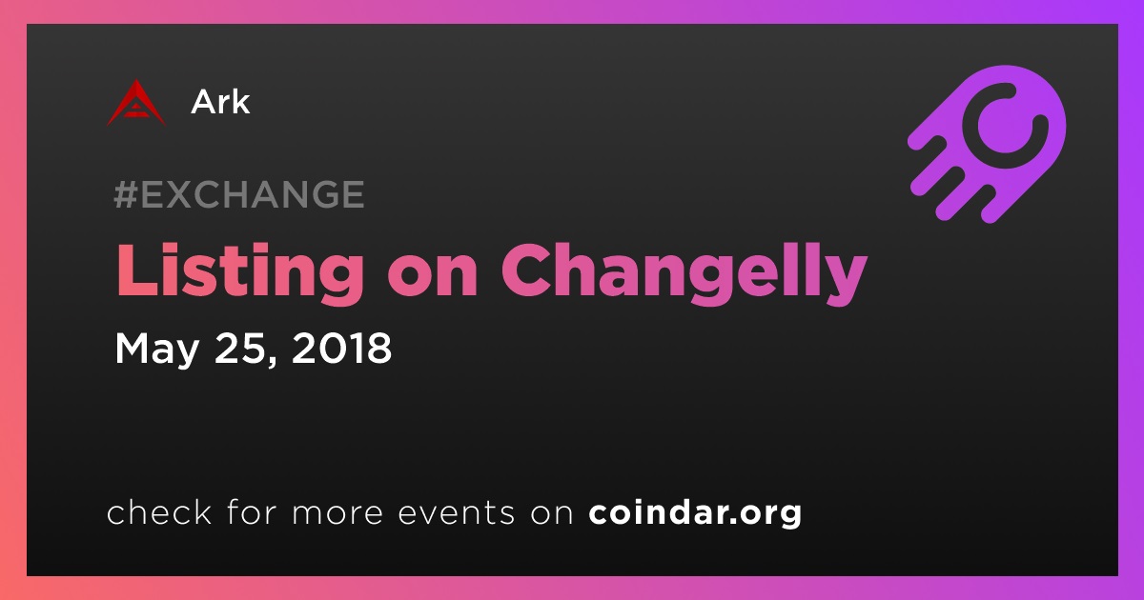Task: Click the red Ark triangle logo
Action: coord(135,104)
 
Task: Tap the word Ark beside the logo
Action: coord(220,102)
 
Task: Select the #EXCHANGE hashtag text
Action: coord(239,194)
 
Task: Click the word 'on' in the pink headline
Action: coord(432,278)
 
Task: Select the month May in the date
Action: coord(156,350)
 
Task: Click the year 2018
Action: coord(341,348)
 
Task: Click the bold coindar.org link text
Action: coord(695,512)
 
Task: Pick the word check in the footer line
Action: coord(159,511)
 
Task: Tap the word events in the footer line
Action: coord(457,512)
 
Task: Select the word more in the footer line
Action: coord(337,514)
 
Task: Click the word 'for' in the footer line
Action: coord(252,511)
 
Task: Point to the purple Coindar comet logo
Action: coord(988,144)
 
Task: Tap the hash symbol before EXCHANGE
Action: coord(126,194)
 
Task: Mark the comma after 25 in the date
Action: coord(272,360)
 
